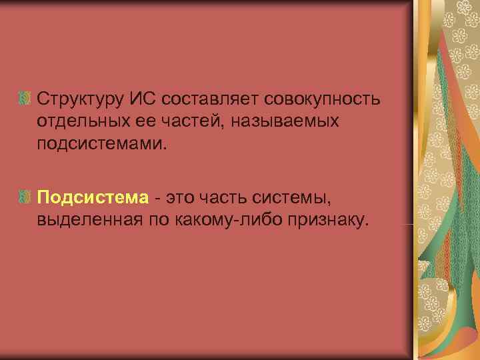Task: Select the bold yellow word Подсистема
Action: pos(93,198)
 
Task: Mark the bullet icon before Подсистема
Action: pos(25,198)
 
